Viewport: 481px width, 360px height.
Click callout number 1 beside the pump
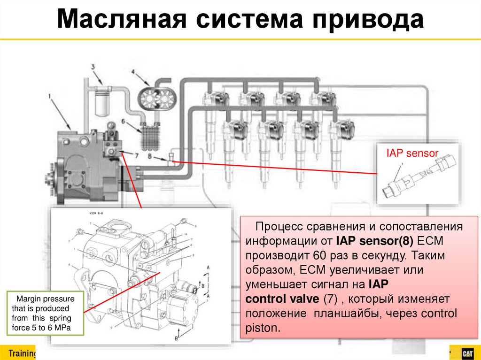(x=50, y=96)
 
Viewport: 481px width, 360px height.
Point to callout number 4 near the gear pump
(x=133, y=72)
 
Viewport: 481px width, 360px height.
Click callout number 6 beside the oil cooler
(x=124, y=121)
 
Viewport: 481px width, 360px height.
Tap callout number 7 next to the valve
(x=137, y=155)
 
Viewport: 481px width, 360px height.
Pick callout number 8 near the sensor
(x=150, y=155)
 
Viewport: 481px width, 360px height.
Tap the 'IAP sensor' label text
(x=412, y=153)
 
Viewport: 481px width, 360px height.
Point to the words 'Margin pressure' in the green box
(x=43, y=299)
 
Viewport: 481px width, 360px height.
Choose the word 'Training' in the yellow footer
(x=23, y=353)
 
